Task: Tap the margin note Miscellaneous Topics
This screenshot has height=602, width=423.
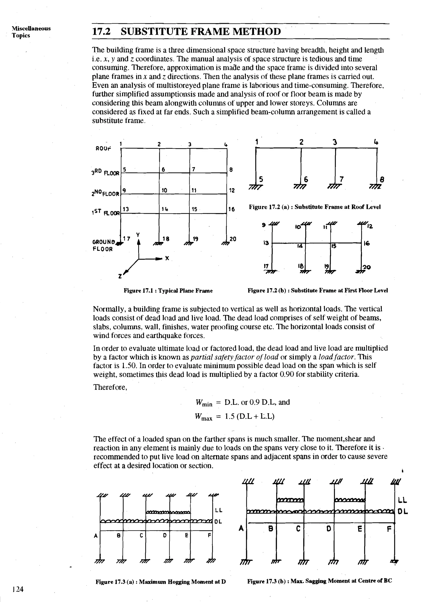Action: pyautogui.click(x=31, y=32)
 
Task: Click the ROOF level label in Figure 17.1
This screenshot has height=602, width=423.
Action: pyautogui.click(x=103, y=148)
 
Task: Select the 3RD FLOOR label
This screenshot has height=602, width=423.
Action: pyautogui.click(x=105, y=173)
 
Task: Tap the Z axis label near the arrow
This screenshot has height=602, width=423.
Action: pyautogui.click(x=120, y=276)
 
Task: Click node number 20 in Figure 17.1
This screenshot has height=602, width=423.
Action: pyautogui.click(x=233, y=239)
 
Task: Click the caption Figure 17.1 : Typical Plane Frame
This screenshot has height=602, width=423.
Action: pyautogui.click(x=168, y=290)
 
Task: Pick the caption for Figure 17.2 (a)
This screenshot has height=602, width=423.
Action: pyautogui.click(x=315, y=207)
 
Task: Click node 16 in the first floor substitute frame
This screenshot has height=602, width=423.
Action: pyautogui.click(x=367, y=243)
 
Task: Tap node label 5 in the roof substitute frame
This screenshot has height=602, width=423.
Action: pyautogui.click(x=261, y=179)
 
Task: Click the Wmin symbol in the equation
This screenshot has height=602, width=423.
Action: pyautogui.click(x=204, y=403)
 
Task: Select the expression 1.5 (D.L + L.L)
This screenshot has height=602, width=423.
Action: pyautogui.click(x=250, y=417)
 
